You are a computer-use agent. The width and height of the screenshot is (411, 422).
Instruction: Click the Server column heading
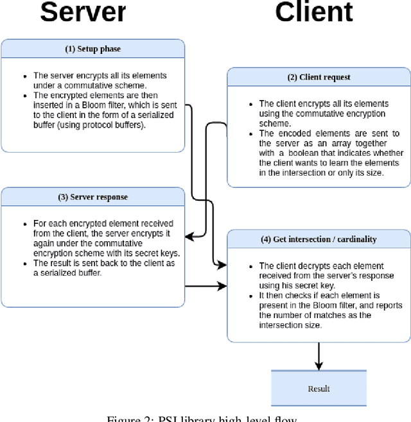tap(83, 13)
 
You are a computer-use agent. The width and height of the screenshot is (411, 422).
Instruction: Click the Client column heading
tap(314, 13)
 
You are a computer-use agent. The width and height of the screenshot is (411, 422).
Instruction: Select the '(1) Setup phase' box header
tap(92, 49)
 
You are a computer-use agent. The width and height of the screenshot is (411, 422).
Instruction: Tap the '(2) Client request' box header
tap(319, 78)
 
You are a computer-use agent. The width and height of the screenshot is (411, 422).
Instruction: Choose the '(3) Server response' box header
tap(92, 197)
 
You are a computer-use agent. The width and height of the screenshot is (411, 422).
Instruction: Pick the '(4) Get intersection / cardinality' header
tap(319, 239)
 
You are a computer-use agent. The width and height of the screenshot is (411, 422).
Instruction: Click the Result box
tap(319, 389)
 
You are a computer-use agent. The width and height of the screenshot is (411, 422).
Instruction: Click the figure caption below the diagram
tap(205, 418)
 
